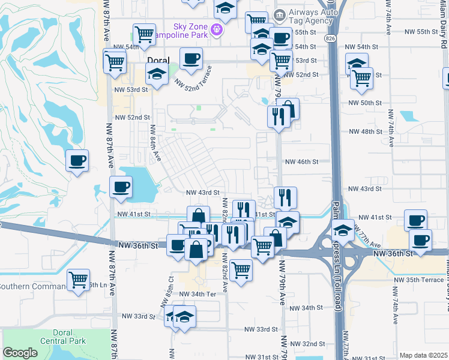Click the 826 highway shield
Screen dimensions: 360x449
tap(332, 38)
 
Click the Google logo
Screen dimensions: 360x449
tap(20, 352)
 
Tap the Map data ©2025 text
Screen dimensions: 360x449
tap(423, 355)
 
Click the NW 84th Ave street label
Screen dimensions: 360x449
tap(155, 143)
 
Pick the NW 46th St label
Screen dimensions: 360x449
tap(301, 161)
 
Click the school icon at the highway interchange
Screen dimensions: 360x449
tap(342, 230)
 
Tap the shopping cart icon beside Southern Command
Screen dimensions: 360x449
tap(78, 280)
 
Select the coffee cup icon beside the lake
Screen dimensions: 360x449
tap(121, 187)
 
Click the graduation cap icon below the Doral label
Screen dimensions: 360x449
tap(157, 74)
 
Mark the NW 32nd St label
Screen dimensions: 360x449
tap(310, 344)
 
